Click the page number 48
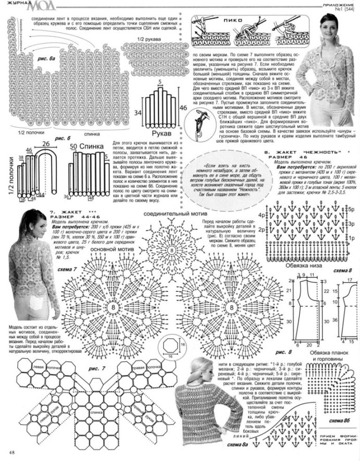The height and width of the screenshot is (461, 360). (11, 452)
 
